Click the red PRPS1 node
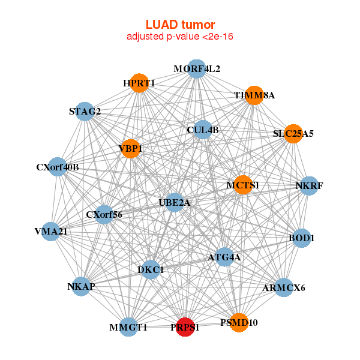tap(185, 327)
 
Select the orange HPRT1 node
tap(139, 83)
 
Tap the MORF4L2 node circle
tap(197, 68)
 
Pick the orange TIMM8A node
tap(254, 95)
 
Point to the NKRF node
tap(309, 185)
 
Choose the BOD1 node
tap(302, 238)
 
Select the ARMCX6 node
tap(284, 287)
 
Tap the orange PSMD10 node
tap(239, 322)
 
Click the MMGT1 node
tap(128, 327)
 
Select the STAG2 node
tap(85, 112)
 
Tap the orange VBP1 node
tap(130, 148)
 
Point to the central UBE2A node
tap(174, 203)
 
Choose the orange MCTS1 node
tap(243, 185)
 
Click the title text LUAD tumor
tap(180, 25)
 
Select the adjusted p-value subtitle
tap(180, 37)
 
